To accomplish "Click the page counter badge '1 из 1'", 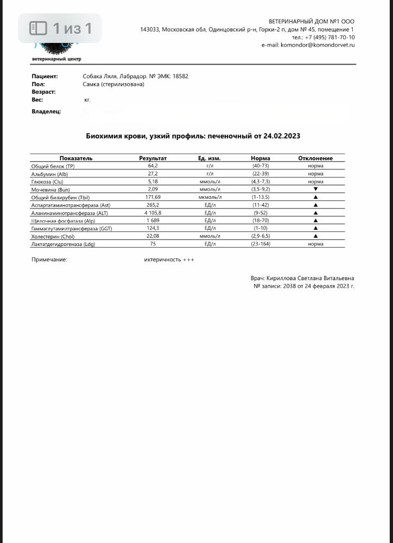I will tap(60, 28).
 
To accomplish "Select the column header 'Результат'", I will tap(153, 158).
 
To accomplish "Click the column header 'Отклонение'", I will tap(315, 158).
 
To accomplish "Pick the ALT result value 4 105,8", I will tap(153, 213).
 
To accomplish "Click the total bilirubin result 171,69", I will tap(153, 197).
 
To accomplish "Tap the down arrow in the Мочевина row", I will tap(315, 189).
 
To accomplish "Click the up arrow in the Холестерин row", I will tap(315, 236).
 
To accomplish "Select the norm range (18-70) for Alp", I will tap(261, 221).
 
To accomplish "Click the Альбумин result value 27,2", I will tap(153, 174).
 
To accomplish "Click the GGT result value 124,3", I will tap(153, 229).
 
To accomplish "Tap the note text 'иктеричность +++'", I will tap(169, 260).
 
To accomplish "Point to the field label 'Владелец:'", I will tap(46, 111).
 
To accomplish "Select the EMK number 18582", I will tap(180, 77).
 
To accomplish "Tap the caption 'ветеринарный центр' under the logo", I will tap(56, 59).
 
